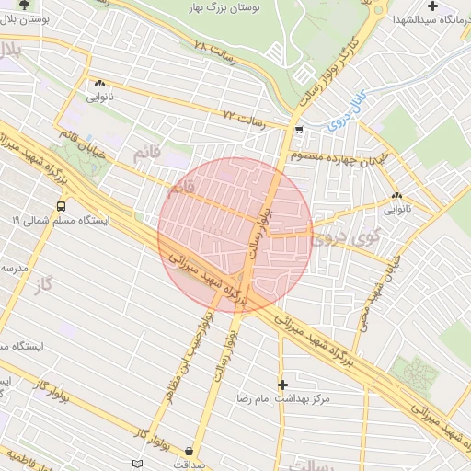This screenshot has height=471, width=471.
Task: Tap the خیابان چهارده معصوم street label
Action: (x=330, y=156)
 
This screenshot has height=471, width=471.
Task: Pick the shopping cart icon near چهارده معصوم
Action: (x=300, y=132)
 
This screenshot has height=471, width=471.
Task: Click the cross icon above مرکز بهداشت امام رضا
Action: (x=282, y=384)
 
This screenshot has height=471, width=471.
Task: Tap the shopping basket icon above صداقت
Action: (x=189, y=451)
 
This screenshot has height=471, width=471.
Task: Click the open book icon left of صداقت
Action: (x=138, y=463)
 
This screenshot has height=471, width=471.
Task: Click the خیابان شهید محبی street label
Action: (x=376, y=283)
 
